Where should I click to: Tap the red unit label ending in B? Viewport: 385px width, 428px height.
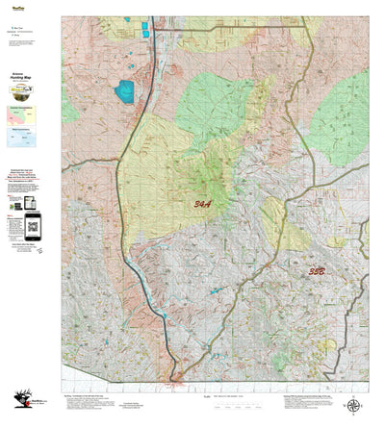[317, 272]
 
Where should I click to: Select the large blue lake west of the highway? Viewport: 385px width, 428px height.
[125, 92]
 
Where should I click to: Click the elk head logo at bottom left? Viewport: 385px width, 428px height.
[21, 403]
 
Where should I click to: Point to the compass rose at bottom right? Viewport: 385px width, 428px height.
[354, 405]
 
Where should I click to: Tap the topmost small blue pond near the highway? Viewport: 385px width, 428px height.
[144, 25]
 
